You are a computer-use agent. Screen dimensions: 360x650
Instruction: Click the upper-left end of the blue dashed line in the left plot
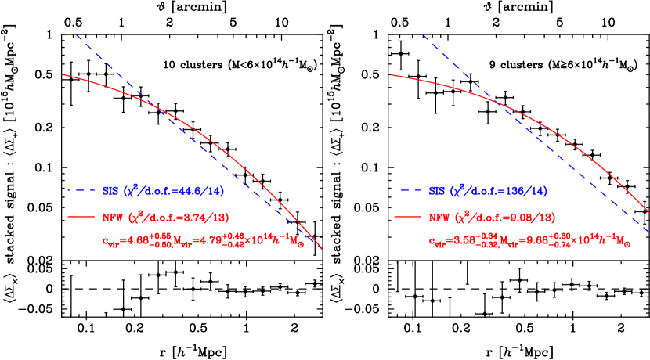pyautogui.click(x=76, y=34)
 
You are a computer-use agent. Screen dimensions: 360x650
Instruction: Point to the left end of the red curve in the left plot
pyautogui.click(x=62, y=74)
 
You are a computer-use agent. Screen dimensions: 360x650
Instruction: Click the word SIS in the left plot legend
pyautogui.click(x=110, y=190)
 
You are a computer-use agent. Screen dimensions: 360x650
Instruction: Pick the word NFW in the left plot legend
pyautogui.click(x=113, y=217)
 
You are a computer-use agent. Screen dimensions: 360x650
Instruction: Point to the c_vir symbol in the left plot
pyautogui.click(x=112, y=242)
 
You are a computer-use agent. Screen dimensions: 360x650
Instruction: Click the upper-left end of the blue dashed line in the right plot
pyautogui.click(x=422, y=34)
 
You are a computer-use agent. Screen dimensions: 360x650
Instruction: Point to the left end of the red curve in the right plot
pyautogui.click(x=392, y=75)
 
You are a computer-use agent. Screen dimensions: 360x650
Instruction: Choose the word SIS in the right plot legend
pyautogui.click(x=436, y=190)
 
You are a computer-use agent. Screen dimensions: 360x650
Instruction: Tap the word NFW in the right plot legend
pyautogui.click(x=439, y=217)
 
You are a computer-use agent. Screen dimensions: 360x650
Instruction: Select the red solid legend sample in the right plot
pyautogui.click(x=407, y=217)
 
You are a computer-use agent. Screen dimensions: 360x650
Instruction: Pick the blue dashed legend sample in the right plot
pyautogui.click(x=407, y=190)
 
